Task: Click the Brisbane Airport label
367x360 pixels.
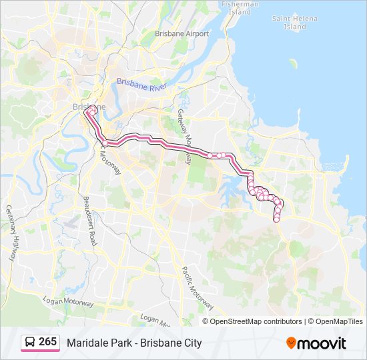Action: [x=181, y=33]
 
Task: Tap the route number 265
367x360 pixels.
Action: [x=47, y=342]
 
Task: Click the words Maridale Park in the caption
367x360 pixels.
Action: [x=95, y=343]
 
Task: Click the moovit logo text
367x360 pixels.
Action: [x=322, y=343]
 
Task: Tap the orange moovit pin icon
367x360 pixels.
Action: [x=291, y=343]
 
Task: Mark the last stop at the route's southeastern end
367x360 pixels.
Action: [x=276, y=219]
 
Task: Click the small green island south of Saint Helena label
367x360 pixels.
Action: [x=292, y=64]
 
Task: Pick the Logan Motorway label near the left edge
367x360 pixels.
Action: [x=68, y=302]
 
